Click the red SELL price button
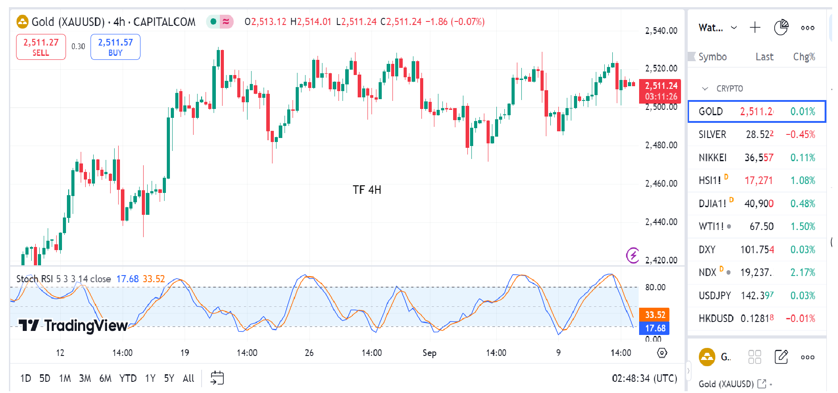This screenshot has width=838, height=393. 41,47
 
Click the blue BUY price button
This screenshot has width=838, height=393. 115,47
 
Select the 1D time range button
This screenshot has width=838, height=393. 25,378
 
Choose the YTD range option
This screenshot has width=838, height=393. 128,378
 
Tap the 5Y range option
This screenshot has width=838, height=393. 169,378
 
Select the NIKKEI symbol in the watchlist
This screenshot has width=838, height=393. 712,158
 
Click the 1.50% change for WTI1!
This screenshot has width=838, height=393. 802,226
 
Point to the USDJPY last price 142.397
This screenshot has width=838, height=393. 757,296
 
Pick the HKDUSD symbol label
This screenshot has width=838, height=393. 716,318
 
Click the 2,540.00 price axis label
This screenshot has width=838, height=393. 661,31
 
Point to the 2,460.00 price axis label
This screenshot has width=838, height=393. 661,184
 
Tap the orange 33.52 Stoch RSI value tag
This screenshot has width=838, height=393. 655,315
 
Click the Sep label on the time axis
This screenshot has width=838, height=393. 429,353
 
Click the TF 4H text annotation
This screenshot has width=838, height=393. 367,190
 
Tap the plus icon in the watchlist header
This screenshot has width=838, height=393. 755,28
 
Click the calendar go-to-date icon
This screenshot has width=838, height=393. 217,378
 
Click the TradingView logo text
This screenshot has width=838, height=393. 74,326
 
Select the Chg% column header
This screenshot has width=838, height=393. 804,57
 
